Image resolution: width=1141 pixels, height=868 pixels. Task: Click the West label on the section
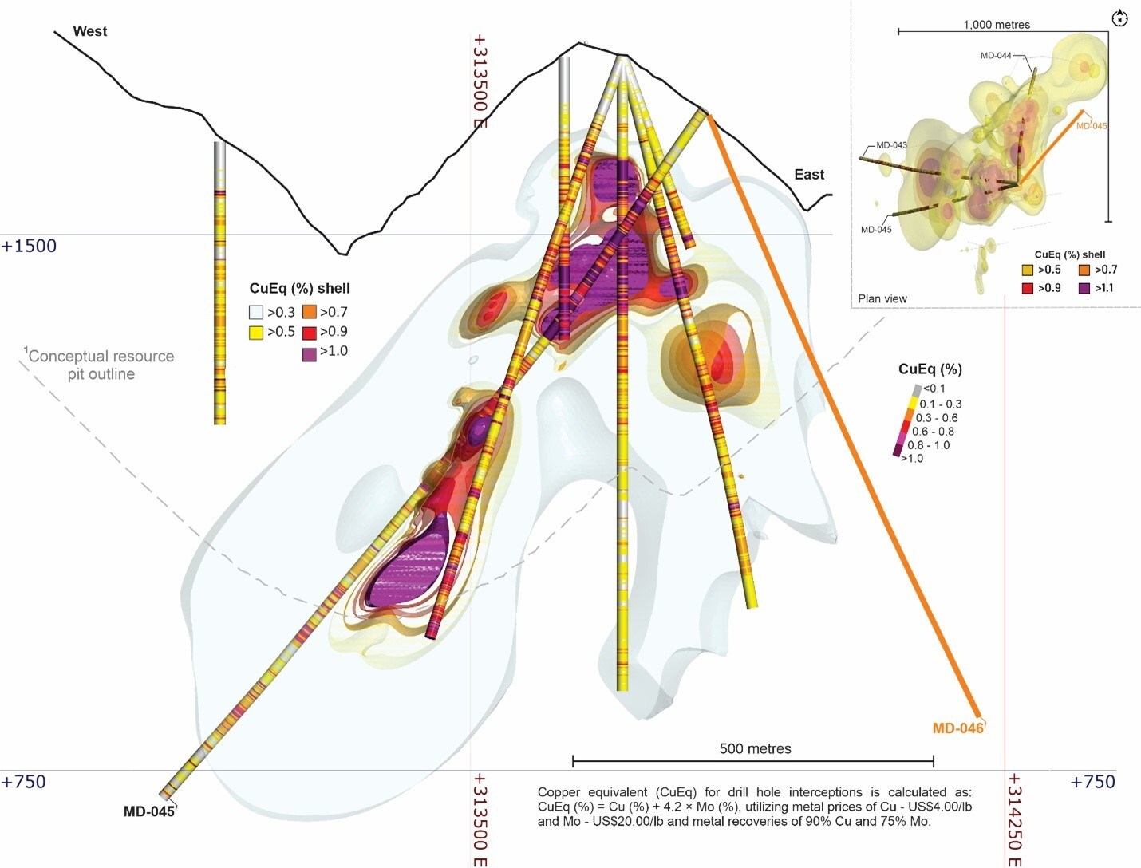[x=90, y=31]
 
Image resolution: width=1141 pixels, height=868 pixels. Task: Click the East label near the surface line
[x=809, y=175]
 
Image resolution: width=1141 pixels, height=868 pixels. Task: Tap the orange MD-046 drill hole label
[x=958, y=728]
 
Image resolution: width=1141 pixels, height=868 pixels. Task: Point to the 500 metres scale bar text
[x=756, y=748]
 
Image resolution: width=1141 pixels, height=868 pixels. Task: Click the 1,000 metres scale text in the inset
[x=997, y=25]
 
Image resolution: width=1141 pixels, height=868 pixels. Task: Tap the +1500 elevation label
[x=29, y=246]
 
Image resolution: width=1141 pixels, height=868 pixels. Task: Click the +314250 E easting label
[x=1014, y=819]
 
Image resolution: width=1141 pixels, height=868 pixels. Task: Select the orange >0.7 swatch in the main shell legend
[x=310, y=313]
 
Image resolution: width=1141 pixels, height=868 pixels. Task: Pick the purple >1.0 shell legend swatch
[x=310, y=354]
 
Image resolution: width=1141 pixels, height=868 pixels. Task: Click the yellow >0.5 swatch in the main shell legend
[x=256, y=333]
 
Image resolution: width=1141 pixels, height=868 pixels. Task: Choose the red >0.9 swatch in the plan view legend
[x=1027, y=289]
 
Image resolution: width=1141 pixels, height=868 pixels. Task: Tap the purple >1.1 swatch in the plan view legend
[x=1084, y=289]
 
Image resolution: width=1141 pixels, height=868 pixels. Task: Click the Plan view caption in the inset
[x=882, y=299]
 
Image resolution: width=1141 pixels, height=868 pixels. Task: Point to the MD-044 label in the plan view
[x=996, y=56]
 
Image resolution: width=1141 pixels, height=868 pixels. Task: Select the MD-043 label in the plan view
[x=891, y=145]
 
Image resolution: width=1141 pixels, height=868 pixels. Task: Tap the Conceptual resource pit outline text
[x=100, y=365]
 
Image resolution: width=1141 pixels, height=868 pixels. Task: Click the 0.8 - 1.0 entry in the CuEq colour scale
[x=929, y=445]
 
